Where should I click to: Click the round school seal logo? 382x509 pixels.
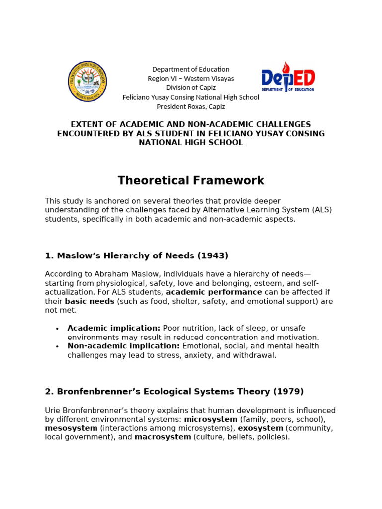tap(87, 82)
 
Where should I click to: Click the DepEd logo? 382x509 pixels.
tap(288, 78)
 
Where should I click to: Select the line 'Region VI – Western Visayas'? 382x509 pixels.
tap(191, 79)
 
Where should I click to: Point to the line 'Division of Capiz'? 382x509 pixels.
tap(191, 88)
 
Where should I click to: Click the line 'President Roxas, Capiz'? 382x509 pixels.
tap(191, 106)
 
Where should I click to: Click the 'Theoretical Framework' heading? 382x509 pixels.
tap(191, 181)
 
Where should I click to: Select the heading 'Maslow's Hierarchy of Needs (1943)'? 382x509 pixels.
tap(136, 256)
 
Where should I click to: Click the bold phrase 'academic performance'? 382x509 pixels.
tap(213, 292)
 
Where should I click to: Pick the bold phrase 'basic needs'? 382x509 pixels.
tap(90, 301)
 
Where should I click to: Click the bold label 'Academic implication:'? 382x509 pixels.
tap(114, 328)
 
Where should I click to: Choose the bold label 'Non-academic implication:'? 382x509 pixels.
tap(123, 346)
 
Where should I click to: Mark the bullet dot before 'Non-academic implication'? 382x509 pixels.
tap(57, 346)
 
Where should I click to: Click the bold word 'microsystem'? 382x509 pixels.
tap(210, 419)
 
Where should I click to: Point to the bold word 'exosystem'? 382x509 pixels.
tap(260, 428)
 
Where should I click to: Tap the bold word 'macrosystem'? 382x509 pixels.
tap(163, 437)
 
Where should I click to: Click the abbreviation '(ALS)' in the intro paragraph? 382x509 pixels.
tap(321, 210)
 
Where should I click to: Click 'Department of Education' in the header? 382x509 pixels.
tap(191, 69)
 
